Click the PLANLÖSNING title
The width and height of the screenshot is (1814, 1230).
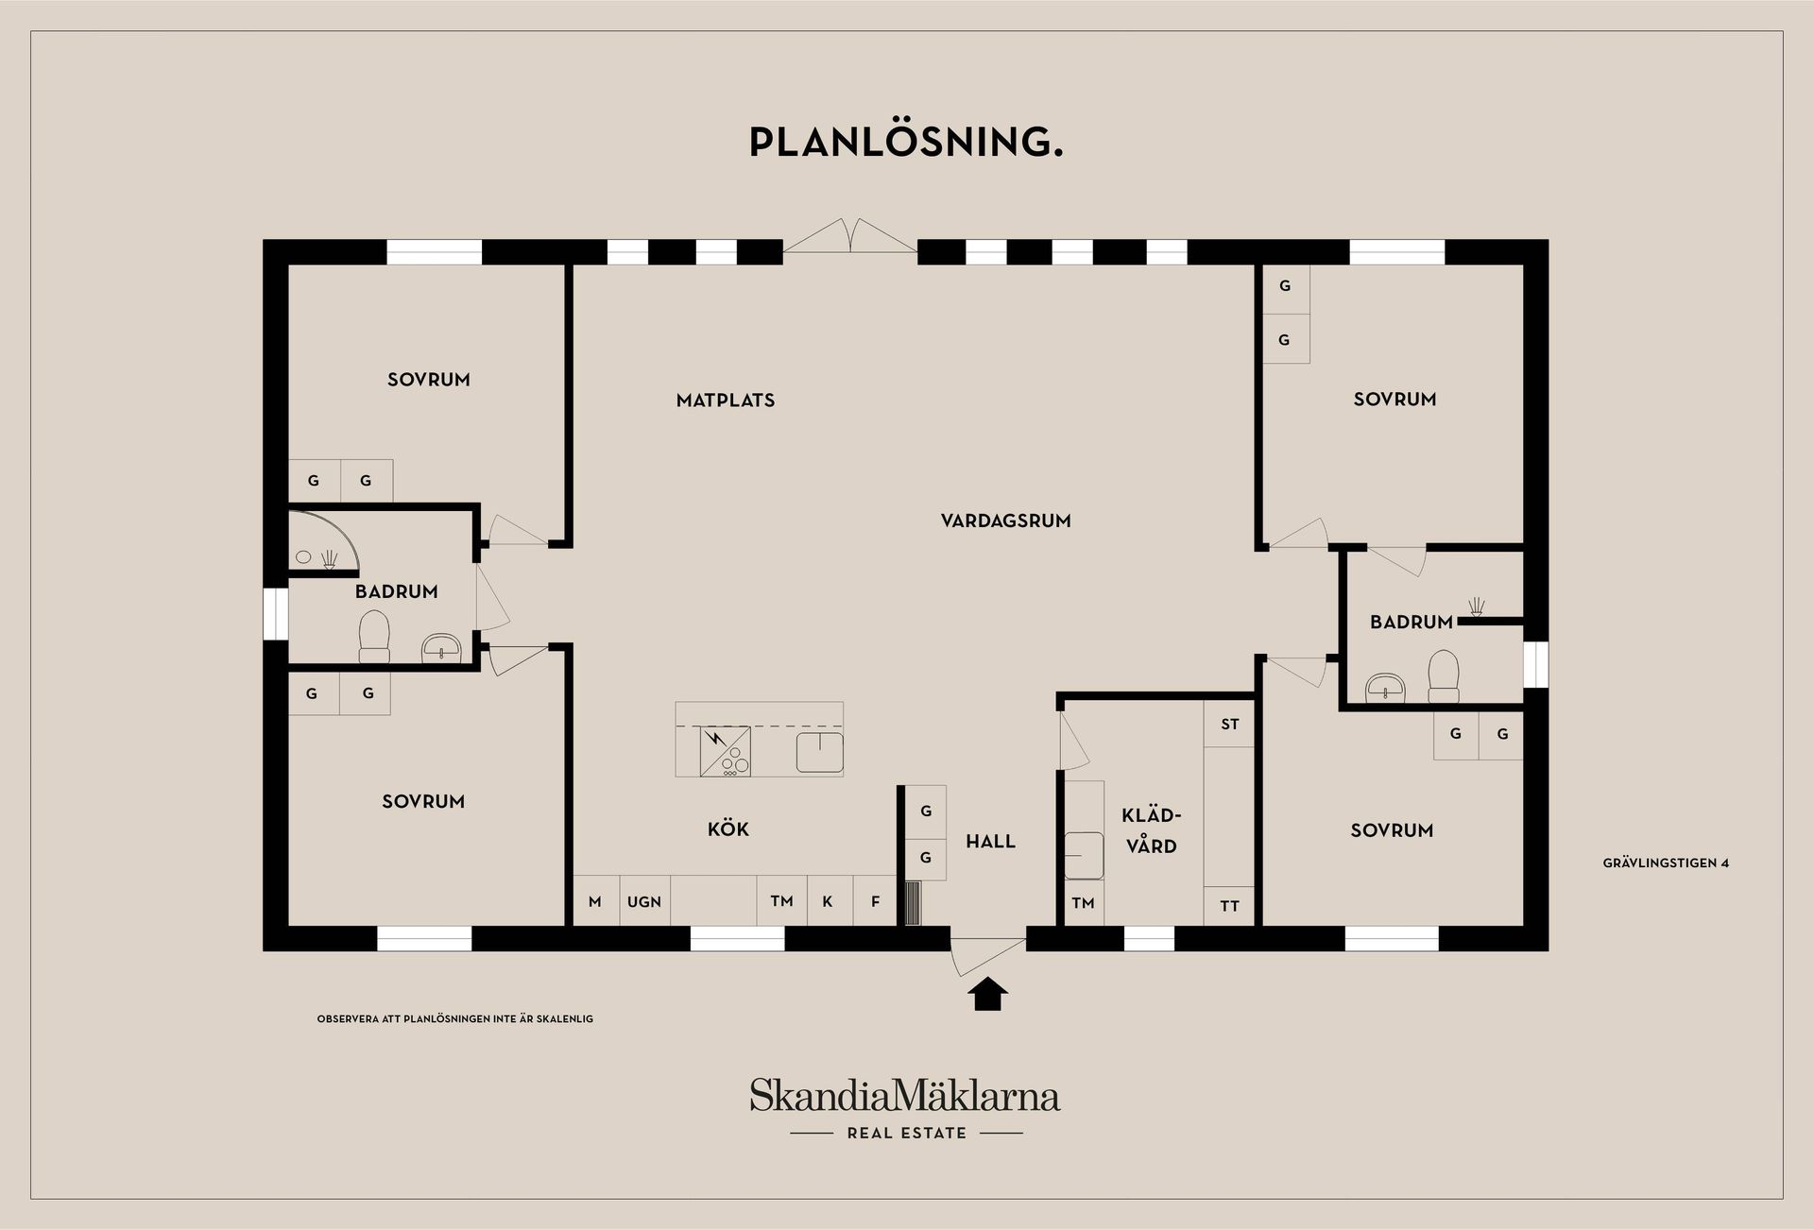point(906,142)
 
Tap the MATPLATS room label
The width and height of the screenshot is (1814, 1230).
point(726,401)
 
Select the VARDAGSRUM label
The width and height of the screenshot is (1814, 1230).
point(1006,521)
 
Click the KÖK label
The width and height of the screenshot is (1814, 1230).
point(728,829)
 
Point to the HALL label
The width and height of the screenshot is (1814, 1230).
point(990,842)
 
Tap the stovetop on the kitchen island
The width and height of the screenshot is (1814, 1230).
point(726,751)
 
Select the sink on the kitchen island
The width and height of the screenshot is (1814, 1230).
point(819,752)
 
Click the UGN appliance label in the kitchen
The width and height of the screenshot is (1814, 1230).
point(644,902)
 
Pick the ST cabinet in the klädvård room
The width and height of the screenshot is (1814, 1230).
point(1229,725)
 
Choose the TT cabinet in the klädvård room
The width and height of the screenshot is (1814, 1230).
point(1229,906)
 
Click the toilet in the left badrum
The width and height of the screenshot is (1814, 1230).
point(374,637)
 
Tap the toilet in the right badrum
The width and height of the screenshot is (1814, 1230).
point(1444,676)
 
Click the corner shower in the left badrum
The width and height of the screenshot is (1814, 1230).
point(323,543)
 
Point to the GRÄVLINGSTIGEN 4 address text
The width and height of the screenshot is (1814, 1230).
point(1666,863)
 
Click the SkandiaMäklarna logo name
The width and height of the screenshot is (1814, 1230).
point(905,1096)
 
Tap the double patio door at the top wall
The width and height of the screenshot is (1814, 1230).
point(850,236)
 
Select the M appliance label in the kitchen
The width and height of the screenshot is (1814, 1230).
point(595,902)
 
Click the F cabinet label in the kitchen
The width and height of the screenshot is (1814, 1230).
point(876,902)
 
